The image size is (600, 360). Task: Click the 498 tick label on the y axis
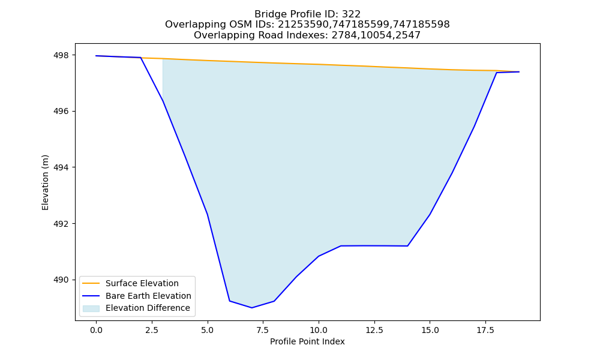coord(61,55)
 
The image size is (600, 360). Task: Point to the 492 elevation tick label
coord(61,224)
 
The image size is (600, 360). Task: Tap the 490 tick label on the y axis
coord(61,280)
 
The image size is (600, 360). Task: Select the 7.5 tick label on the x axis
coord(263,330)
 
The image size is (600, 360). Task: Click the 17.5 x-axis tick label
coord(485,330)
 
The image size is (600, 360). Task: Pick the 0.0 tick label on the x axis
coord(96,330)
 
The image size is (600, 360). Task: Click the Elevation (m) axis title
coord(45,182)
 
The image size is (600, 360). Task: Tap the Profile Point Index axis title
coord(307,341)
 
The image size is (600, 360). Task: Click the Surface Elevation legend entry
coord(142,283)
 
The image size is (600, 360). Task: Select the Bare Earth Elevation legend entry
coord(148,296)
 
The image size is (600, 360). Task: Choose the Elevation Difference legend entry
coord(148,308)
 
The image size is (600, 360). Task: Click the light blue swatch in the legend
coord(91,308)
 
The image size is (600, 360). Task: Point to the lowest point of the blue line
coord(252,308)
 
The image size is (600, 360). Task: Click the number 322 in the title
coord(351,14)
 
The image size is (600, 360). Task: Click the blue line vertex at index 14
coord(407,246)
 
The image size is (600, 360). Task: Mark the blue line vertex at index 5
coord(208,214)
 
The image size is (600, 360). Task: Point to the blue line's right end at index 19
coord(519,72)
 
